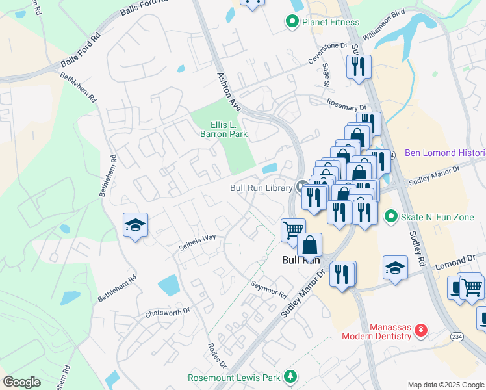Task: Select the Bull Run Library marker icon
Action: tap(301, 187)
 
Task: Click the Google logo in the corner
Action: tap(21, 382)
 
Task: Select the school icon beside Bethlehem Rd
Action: tap(135, 226)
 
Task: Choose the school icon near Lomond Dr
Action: tap(395, 268)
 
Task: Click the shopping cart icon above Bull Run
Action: tap(293, 229)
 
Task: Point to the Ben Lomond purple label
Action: tap(444, 153)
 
